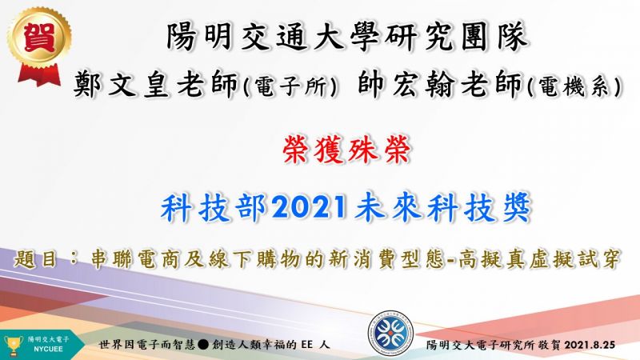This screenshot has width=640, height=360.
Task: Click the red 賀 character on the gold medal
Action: pyautogui.click(x=39, y=37)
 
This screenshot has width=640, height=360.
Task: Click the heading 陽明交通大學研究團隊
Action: pyautogui.click(x=347, y=36)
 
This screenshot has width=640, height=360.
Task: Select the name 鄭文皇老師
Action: pyautogui.click(x=155, y=85)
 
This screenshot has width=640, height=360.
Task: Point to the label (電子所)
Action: pyautogui.click(x=290, y=86)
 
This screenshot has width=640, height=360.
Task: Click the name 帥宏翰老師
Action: pyautogui.click(x=439, y=84)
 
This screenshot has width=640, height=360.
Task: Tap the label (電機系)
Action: pyautogui.click(x=574, y=86)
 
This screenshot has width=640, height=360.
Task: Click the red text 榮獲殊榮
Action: pyautogui.click(x=346, y=150)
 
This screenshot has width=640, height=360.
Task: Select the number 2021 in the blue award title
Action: pyautogui.click(x=310, y=207)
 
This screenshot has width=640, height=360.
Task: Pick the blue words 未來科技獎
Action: pyautogui.click(x=442, y=207)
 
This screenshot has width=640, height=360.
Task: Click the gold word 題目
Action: pyautogui.click(x=35, y=259)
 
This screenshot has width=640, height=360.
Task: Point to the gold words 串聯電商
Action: pyautogui.click(x=133, y=259)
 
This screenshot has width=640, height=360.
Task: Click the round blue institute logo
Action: pyautogui.click(x=390, y=333)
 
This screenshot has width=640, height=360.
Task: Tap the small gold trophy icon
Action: pyautogui.click(x=14, y=346)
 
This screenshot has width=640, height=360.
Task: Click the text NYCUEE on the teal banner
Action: pyautogui.click(x=48, y=350)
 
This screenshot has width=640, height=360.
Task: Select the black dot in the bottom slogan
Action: pyautogui.click(x=203, y=345)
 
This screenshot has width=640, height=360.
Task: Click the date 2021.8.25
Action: pyautogui.click(x=590, y=345)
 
